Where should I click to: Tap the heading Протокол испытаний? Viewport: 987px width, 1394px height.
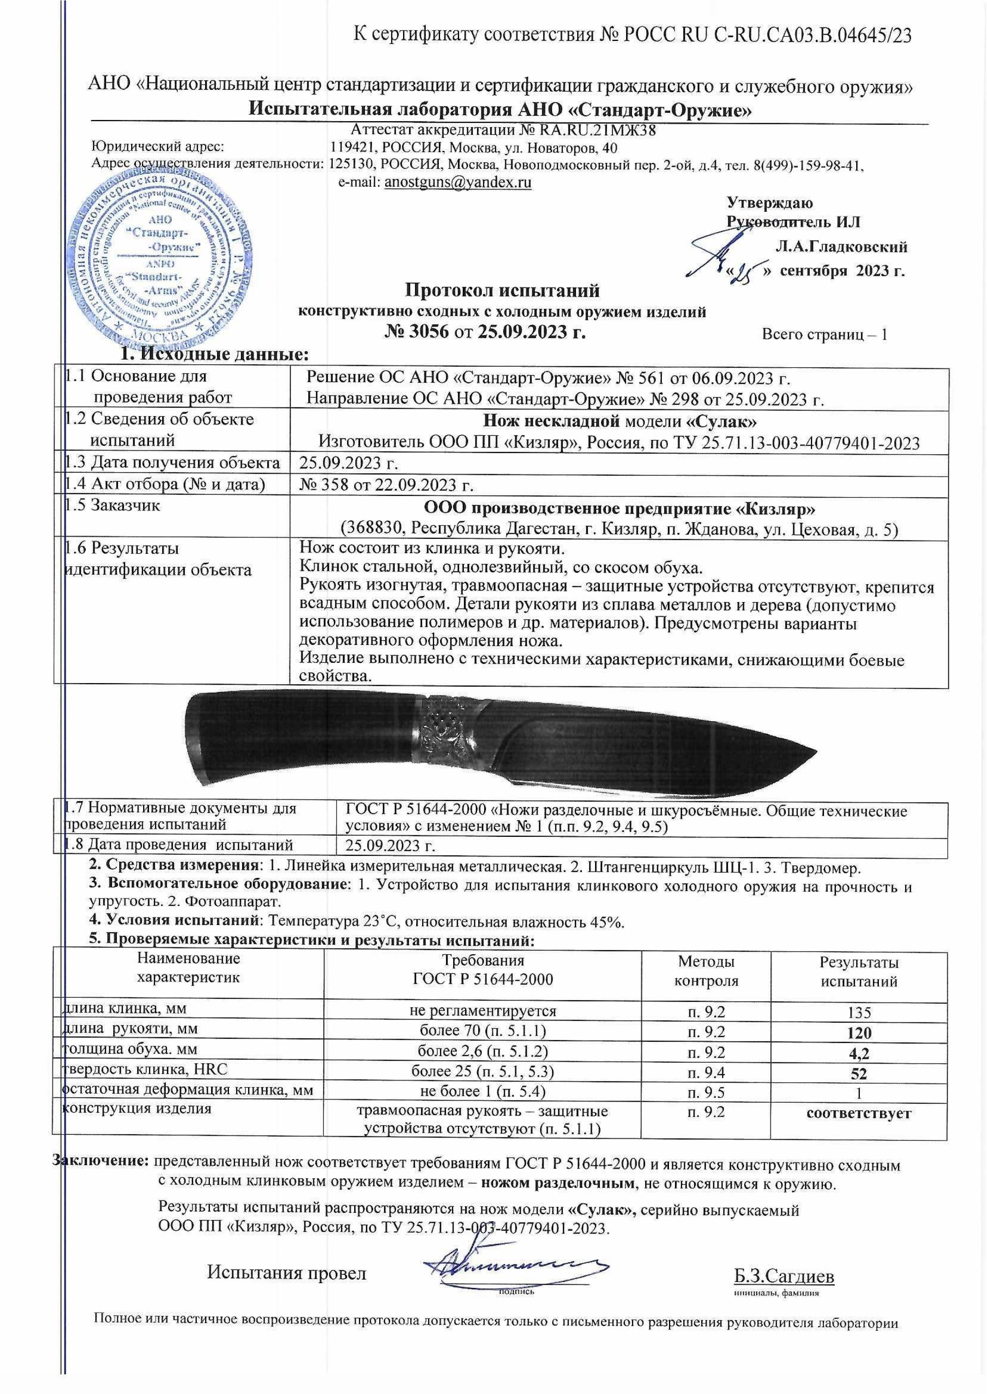click(502, 290)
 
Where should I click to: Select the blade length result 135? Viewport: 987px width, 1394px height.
click(859, 1012)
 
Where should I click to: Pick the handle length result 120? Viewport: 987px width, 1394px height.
click(859, 1033)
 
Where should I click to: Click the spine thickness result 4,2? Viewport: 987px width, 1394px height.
click(859, 1053)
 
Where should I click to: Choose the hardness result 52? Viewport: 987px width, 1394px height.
click(859, 1073)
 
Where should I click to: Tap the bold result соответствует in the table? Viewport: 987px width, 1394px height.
click(859, 1113)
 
